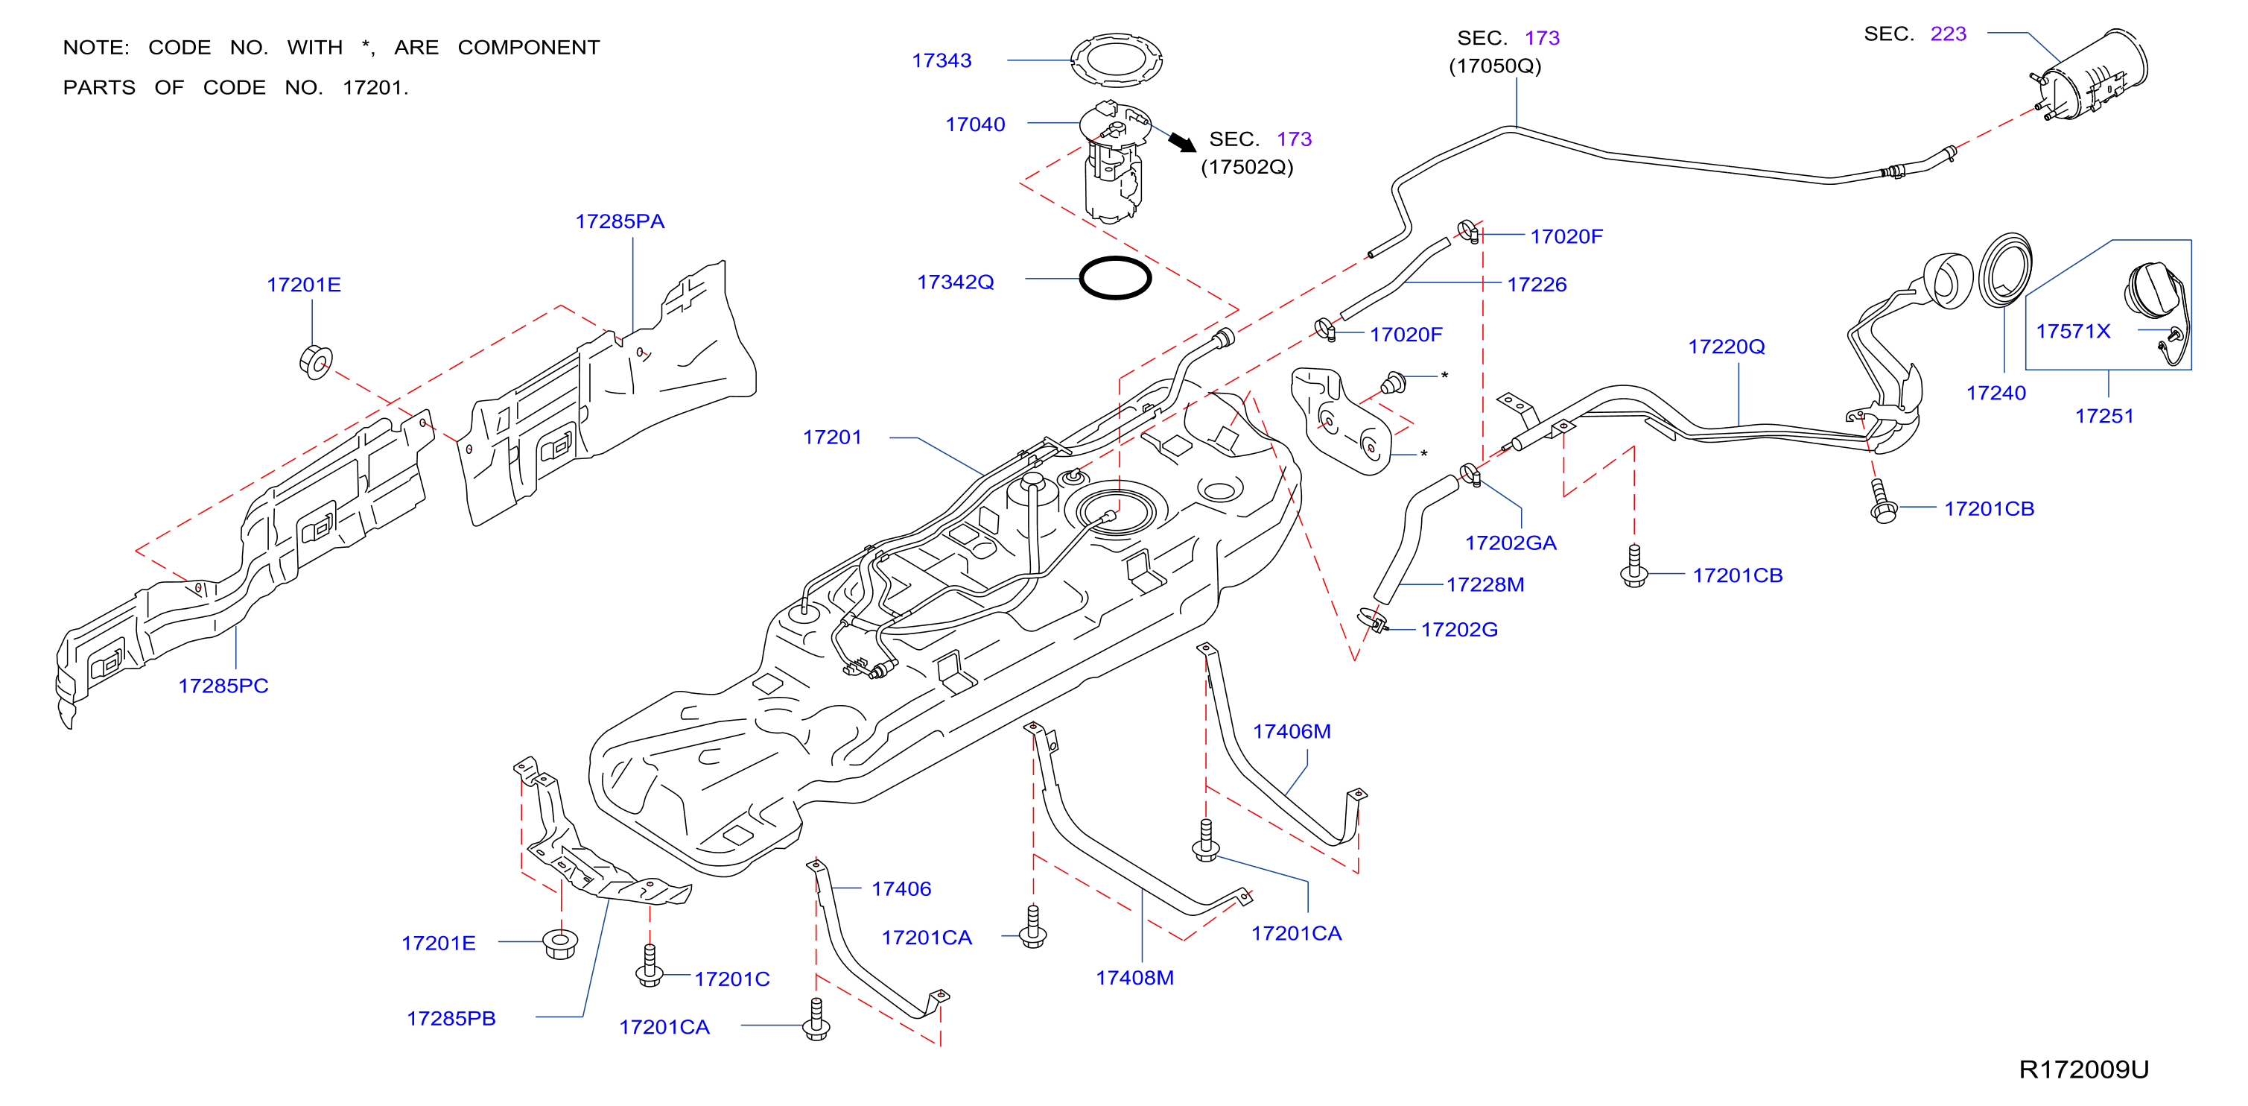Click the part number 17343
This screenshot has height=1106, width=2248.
(x=942, y=60)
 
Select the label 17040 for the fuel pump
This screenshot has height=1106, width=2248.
(x=975, y=124)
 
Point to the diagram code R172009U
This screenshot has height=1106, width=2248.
(x=2083, y=1069)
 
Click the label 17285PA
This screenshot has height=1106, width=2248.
(x=620, y=222)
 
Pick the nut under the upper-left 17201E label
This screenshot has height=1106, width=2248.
(x=315, y=361)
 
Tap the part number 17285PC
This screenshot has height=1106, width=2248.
(x=223, y=686)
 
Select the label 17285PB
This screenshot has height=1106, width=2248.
(x=451, y=1019)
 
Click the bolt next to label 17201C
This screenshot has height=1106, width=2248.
(x=650, y=967)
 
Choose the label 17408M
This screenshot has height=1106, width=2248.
(x=1134, y=978)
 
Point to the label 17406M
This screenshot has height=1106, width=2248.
(x=1292, y=732)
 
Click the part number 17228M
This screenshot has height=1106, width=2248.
(x=1485, y=585)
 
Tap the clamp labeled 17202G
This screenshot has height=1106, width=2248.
(x=1374, y=620)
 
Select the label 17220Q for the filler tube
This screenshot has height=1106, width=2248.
(x=1726, y=347)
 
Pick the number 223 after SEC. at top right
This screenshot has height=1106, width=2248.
(x=1948, y=34)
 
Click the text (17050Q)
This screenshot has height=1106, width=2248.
(x=1495, y=66)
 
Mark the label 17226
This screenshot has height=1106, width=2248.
(x=1537, y=285)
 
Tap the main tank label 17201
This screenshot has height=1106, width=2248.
(x=833, y=437)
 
